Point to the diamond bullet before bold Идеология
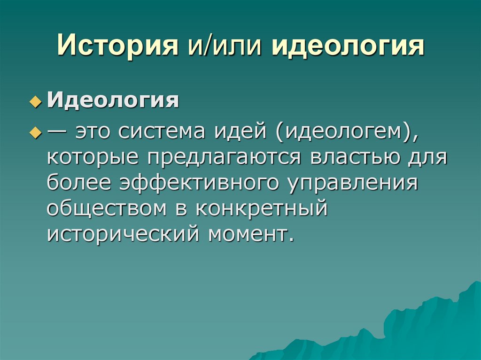(x=33, y=103)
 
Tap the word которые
(x=94, y=157)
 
